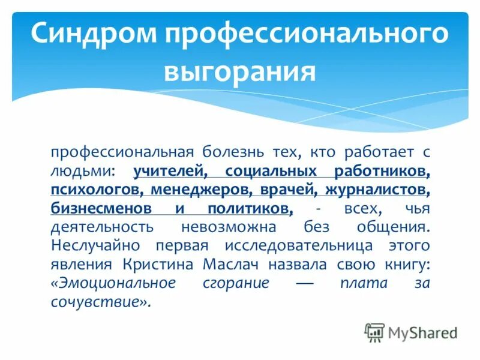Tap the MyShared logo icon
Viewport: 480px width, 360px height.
click(374, 332)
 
